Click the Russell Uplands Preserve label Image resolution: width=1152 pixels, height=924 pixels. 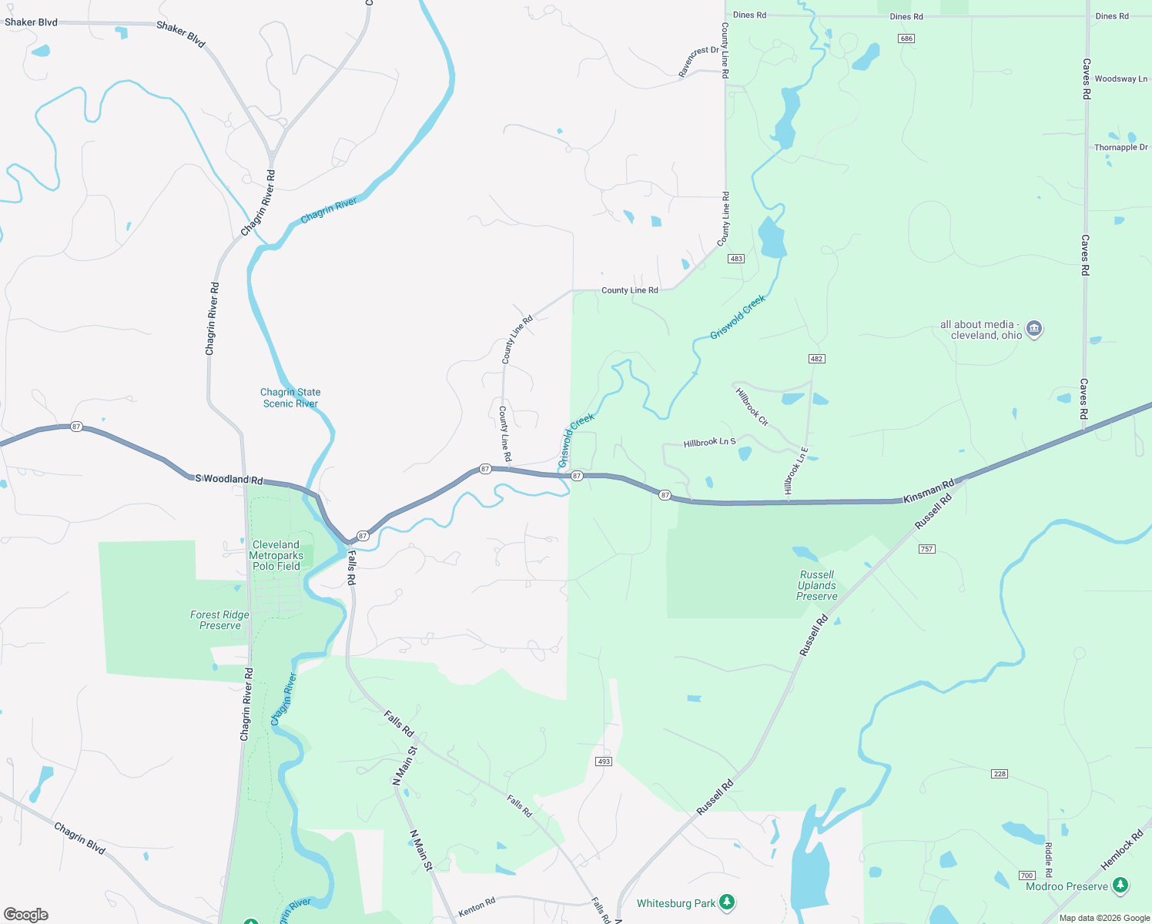click(817, 586)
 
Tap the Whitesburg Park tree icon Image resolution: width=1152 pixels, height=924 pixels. click(727, 902)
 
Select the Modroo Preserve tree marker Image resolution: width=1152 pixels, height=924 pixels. click(1121, 885)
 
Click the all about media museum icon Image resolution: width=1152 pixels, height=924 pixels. click(1034, 329)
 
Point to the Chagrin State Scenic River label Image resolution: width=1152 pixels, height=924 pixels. click(290, 398)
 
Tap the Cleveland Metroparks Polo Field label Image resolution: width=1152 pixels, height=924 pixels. click(276, 555)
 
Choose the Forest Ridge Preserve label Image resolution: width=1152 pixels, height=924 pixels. click(219, 620)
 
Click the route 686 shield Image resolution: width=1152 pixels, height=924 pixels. click(906, 38)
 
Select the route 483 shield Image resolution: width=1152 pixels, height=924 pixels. click(736, 259)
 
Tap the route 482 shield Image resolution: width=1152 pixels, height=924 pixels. click(817, 359)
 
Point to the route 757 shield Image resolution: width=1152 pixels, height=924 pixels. click(927, 549)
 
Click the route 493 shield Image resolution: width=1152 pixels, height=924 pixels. click(604, 762)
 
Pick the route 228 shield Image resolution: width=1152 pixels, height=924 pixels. click(1000, 774)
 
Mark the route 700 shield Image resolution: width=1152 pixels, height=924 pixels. click(1026, 875)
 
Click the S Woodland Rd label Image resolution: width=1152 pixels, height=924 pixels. click(229, 479)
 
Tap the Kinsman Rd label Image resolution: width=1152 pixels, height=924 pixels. click(929, 491)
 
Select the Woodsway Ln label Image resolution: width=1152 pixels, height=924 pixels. click(1120, 79)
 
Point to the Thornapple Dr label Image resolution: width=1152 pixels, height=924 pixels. click(1120, 147)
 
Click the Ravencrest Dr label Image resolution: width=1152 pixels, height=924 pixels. click(698, 62)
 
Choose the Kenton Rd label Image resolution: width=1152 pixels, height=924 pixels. click(477, 907)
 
